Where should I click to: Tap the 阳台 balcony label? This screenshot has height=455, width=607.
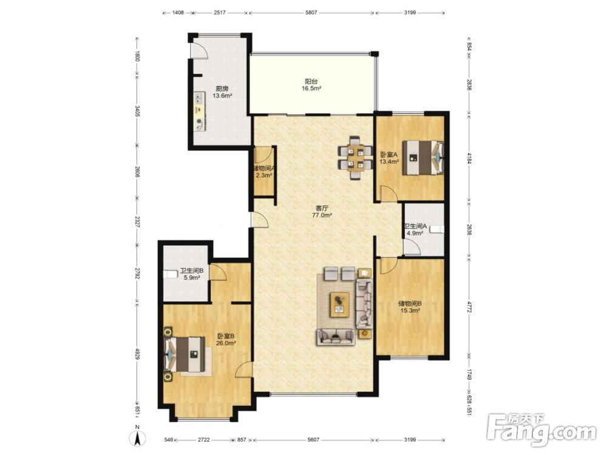(x=311, y=82)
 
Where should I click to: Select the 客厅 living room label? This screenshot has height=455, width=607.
(x=322, y=209)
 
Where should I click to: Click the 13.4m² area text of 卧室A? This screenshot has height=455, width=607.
(x=389, y=162)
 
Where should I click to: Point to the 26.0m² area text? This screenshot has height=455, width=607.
(x=226, y=343)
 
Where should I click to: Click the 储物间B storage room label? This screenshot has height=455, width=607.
(x=410, y=304)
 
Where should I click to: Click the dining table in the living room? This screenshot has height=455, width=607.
(x=354, y=158)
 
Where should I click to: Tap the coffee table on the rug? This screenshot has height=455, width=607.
(x=339, y=305)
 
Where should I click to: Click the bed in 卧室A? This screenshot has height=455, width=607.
(x=422, y=158)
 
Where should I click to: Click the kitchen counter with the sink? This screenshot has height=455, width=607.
(x=200, y=112)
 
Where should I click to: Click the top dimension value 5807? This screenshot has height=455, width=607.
(x=311, y=12)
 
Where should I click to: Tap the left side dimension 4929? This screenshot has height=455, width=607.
(x=137, y=355)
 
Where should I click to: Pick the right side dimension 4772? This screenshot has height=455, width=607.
(x=470, y=307)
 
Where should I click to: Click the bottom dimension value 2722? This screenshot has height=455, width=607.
(x=204, y=439)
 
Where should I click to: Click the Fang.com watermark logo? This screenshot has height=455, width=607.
(x=541, y=430)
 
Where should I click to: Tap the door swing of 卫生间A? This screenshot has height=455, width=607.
(x=412, y=247)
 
